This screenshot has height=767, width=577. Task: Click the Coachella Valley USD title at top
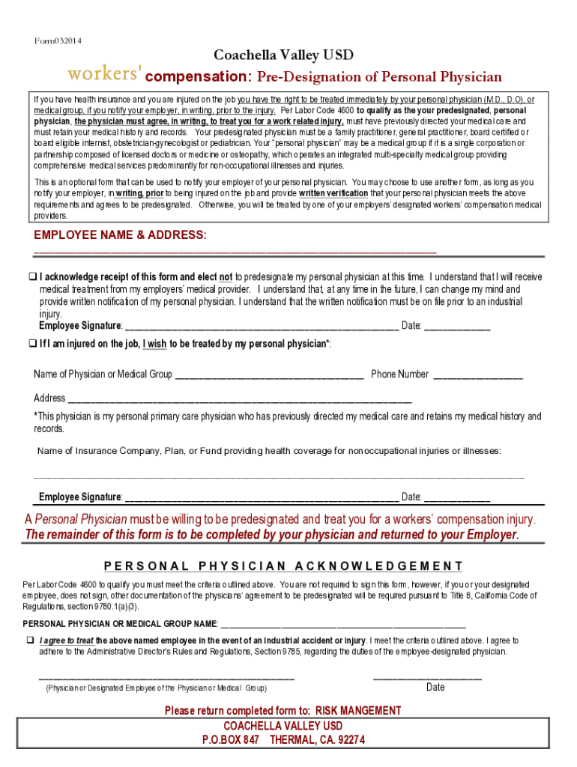tap(283, 55)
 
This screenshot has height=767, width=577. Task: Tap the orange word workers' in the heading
tap(105, 75)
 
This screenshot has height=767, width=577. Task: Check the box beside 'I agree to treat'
tap(31, 640)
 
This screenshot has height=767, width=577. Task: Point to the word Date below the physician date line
tap(435, 688)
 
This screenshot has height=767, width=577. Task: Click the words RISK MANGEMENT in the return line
tap(357, 711)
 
